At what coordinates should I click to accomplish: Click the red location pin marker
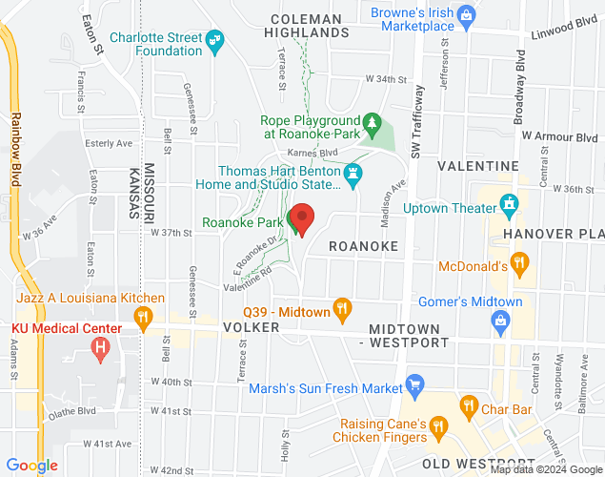pyautogui.click(x=302, y=219)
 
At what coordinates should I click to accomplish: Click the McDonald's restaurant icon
pyautogui.click(x=519, y=261)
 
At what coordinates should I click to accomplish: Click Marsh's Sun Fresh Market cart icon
pyautogui.click(x=413, y=386)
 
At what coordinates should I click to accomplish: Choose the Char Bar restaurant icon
pyautogui.click(x=469, y=406)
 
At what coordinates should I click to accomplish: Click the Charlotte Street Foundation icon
pyautogui.click(x=215, y=39)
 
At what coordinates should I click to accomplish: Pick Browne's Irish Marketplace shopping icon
pyautogui.click(x=466, y=14)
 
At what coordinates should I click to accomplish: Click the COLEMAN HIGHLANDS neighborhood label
pyautogui.click(x=305, y=26)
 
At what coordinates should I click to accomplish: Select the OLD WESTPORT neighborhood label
pyautogui.click(x=461, y=464)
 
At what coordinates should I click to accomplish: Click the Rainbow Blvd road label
pyautogui.click(x=16, y=144)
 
